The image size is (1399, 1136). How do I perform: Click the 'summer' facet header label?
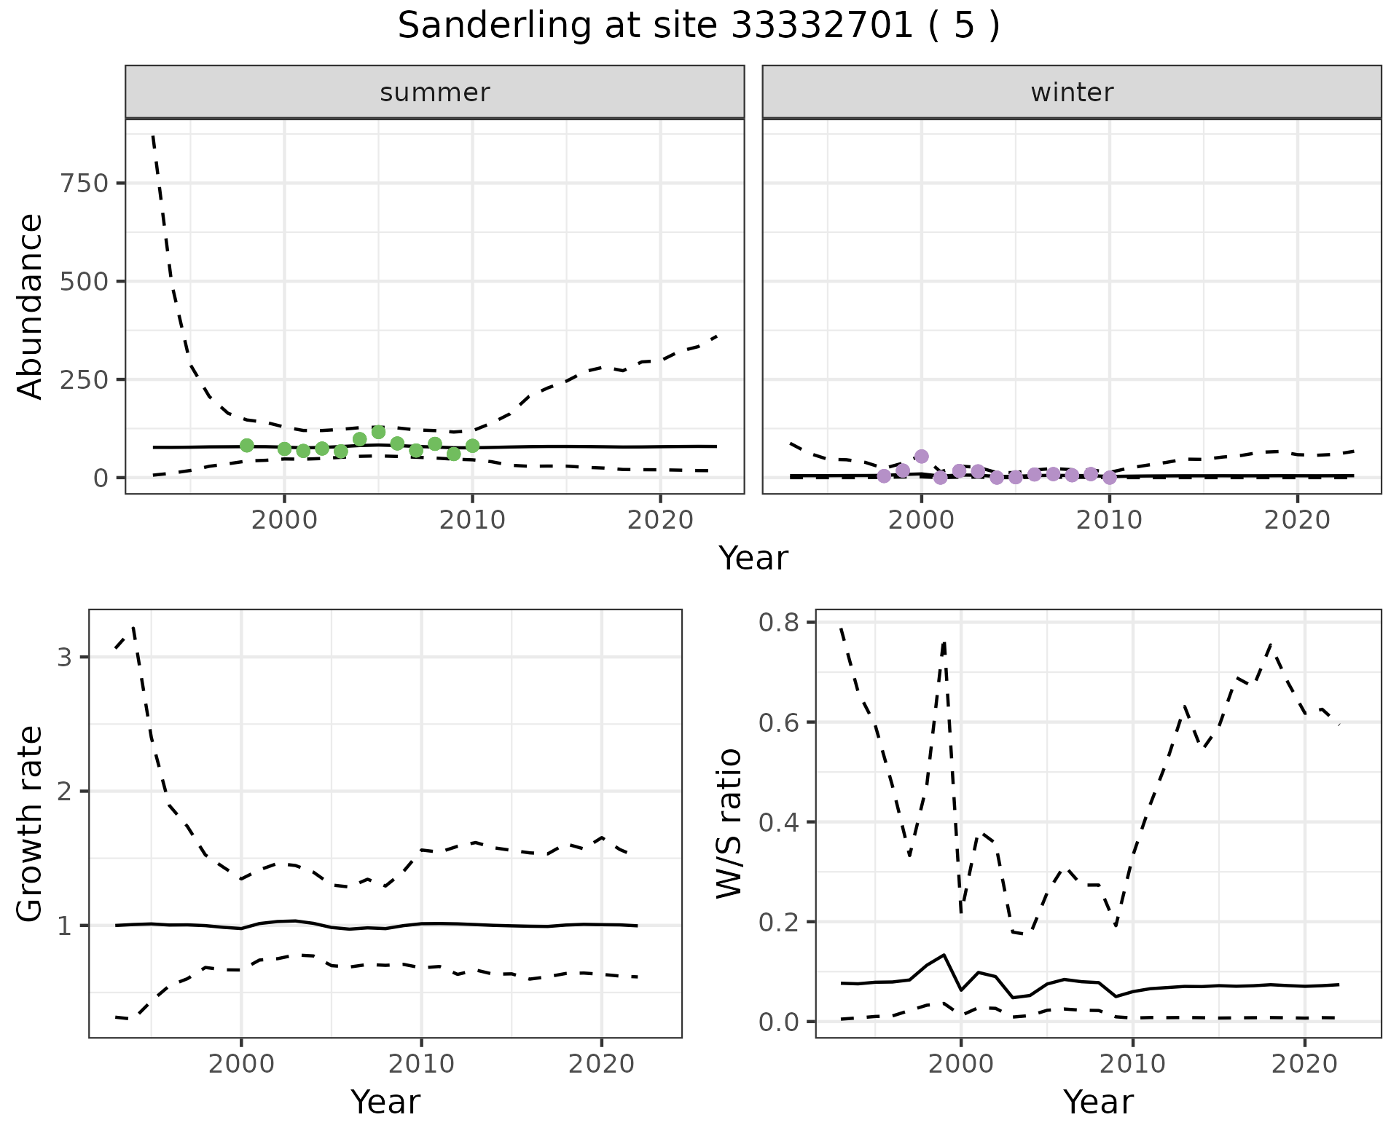click(x=435, y=92)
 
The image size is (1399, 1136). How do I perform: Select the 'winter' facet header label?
click(x=1072, y=92)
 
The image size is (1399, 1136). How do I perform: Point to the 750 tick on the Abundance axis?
click(x=84, y=183)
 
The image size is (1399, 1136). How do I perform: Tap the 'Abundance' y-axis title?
click(x=30, y=307)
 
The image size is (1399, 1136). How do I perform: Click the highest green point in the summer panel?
click(x=378, y=432)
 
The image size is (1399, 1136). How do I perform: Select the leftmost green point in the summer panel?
click(x=246, y=446)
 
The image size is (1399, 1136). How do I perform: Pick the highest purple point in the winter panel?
click(x=921, y=457)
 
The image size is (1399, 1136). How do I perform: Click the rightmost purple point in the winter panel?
click(x=1109, y=478)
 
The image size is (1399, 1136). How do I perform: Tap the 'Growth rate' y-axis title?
click(x=30, y=824)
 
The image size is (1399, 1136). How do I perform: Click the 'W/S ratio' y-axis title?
click(x=729, y=824)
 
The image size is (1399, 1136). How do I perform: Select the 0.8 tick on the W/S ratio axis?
click(x=778, y=623)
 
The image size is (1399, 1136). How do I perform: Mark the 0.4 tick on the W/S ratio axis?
click(x=778, y=822)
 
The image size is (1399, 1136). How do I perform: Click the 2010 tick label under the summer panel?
click(x=472, y=520)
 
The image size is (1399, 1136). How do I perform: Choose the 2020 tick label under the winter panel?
click(x=1297, y=520)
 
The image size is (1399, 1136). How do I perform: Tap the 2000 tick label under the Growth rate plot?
click(x=241, y=1064)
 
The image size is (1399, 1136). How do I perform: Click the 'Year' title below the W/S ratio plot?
click(x=1098, y=1102)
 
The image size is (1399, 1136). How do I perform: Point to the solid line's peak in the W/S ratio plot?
click(x=944, y=954)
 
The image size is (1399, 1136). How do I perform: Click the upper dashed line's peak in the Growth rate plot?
click(x=133, y=627)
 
